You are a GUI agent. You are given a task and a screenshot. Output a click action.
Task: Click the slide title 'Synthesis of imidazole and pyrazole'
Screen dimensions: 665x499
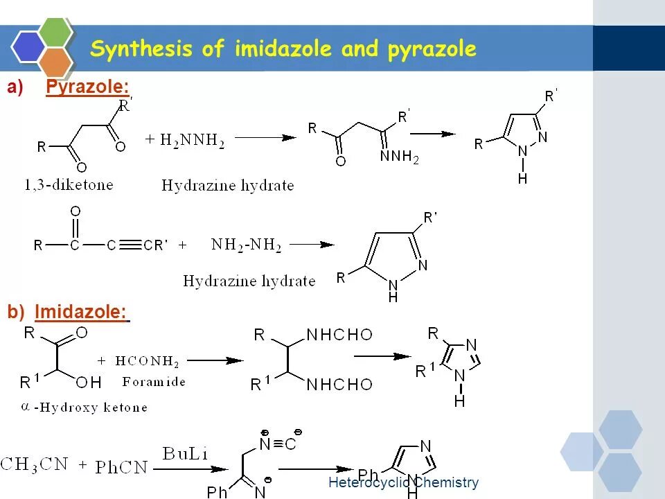pos(283,49)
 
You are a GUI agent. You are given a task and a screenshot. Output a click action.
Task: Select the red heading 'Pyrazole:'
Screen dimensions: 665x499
pos(87,87)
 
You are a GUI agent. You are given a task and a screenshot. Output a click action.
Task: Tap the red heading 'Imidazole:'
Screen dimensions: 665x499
pos(82,313)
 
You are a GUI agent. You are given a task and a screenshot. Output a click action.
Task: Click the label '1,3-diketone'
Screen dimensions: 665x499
pos(68,184)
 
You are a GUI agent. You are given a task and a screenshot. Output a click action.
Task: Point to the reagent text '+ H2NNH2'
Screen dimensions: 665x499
pos(185,140)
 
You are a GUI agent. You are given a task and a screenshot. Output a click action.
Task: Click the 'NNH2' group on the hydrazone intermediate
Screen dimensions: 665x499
pos(400,158)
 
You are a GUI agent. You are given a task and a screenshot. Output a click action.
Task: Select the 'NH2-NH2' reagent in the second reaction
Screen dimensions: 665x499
pos(247,245)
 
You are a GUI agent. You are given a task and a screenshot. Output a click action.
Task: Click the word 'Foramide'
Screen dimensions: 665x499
pos(154,381)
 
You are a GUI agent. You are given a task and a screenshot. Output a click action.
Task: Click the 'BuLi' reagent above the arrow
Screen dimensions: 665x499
pos(185,454)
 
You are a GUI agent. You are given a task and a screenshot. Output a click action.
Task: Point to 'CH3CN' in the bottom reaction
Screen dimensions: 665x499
pos(35,464)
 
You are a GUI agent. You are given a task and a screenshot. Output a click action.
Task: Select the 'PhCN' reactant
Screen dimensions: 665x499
pos(122,467)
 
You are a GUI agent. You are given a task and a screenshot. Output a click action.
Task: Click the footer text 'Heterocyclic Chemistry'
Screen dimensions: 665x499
pos(403,482)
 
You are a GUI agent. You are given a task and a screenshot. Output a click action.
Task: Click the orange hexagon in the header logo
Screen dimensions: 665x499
pos(56,62)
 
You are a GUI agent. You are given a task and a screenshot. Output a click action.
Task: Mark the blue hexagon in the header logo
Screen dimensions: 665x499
pos(28,47)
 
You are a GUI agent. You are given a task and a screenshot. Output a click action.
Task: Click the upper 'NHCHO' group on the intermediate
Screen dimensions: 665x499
pos(339,335)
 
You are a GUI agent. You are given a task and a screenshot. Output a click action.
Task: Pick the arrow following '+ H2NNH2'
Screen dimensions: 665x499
pos(265,138)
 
